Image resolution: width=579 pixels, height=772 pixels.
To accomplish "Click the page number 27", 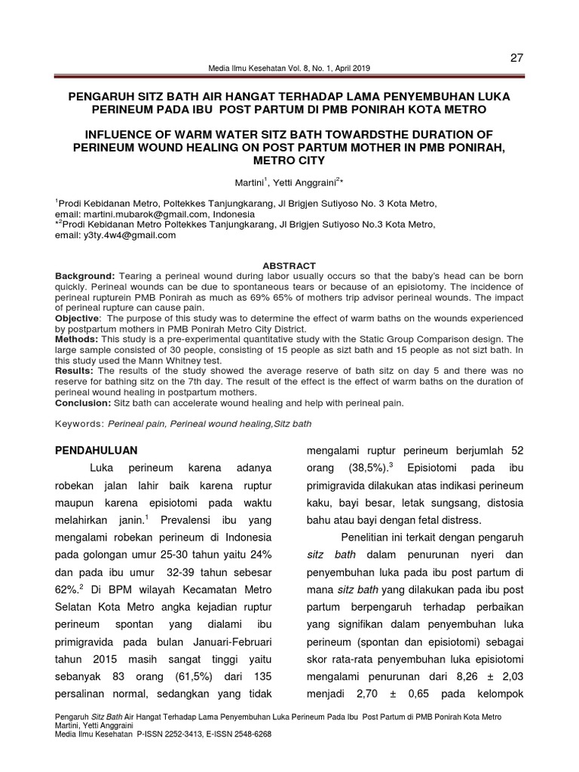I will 517,58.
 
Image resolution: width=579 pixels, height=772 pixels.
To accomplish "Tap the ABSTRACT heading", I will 289,265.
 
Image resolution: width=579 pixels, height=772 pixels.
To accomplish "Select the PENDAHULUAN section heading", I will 98,450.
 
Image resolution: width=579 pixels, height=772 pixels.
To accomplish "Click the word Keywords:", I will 79,424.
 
